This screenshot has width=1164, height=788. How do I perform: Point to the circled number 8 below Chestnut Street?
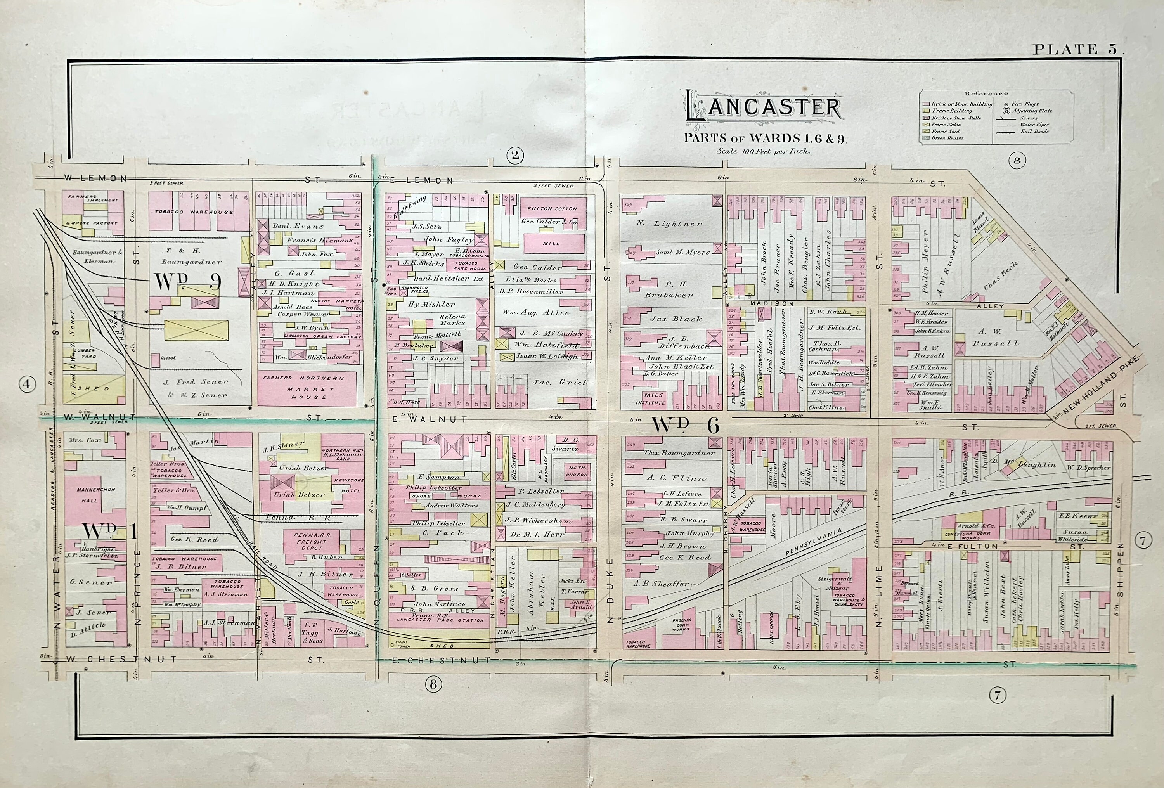point(433,684)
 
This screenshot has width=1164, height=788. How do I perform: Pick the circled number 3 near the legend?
point(1016,161)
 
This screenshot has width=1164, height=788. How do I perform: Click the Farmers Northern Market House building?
point(308,388)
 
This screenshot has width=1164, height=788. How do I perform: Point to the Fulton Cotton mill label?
point(552,208)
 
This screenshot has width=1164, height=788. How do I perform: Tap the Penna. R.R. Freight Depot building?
point(311,542)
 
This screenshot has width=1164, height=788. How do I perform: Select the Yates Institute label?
point(651,398)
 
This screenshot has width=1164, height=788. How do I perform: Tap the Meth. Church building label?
point(577,471)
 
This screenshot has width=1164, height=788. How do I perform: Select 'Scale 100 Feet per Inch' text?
point(763,151)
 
